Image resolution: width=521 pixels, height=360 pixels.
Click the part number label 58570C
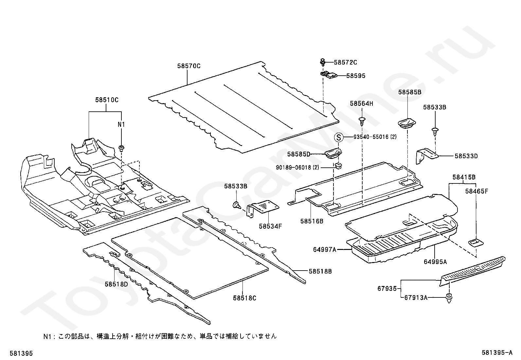tap(189, 66)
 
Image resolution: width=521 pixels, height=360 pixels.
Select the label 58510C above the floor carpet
tap(107, 100)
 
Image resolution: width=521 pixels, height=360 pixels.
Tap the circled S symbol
tap(339, 137)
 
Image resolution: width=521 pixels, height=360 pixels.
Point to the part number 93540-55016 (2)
tap(375, 137)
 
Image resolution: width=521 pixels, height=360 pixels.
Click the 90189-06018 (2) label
tap(297, 167)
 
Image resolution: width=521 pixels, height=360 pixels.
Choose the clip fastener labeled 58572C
tap(323, 62)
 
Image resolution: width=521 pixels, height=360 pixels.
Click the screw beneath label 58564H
tap(362, 121)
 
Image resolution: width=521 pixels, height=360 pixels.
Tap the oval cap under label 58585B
tap(407, 123)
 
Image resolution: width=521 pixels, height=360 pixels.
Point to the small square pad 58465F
tap(476, 243)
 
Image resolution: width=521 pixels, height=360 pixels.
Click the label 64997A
tap(324, 250)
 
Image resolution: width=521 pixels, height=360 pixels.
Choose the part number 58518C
tap(245, 298)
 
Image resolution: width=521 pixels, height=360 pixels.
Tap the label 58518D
tap(116, 284)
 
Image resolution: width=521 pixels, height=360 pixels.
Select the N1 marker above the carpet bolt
tap(121, 124)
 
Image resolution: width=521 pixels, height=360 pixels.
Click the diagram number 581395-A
tap(496, 353)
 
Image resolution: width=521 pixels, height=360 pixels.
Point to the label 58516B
tap(312, 221)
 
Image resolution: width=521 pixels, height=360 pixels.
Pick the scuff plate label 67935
tap(387, 289)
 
